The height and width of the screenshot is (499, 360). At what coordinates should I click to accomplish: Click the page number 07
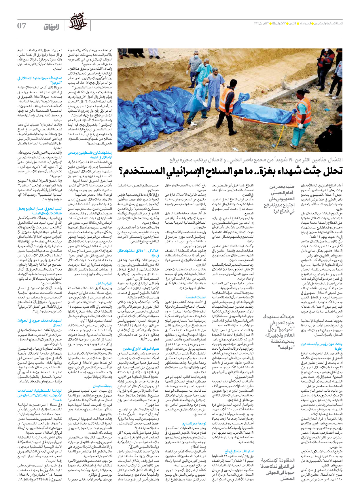pos(22,26)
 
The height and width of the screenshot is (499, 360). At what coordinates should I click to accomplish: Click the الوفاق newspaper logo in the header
pos(52,27)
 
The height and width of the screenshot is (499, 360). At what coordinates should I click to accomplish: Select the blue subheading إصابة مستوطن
pos(103,386)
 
